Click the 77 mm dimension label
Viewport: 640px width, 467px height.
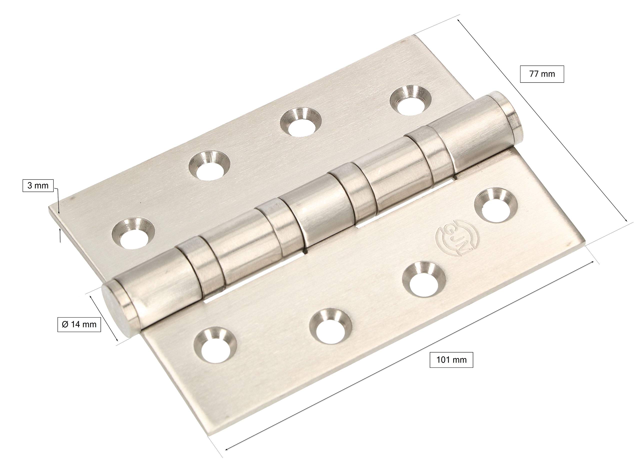point(542,74)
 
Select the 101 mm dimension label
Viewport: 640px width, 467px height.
point(451,360)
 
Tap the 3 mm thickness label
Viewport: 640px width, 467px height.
point(38,186)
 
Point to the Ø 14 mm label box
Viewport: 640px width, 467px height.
point(79,324)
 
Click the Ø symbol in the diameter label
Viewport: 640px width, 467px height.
point(65,324)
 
